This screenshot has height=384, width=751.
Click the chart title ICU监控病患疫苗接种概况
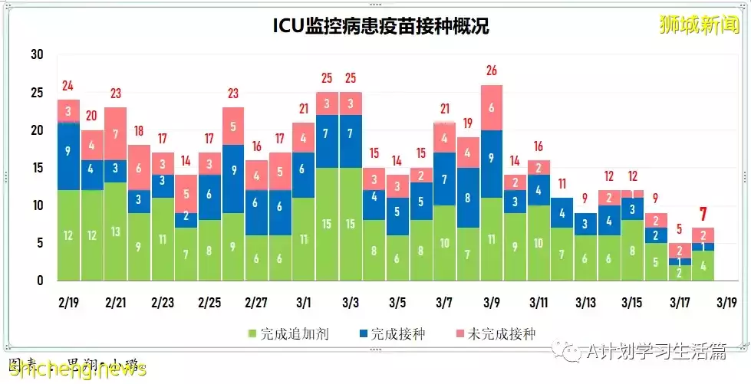pos(380,26)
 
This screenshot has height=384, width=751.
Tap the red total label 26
pos(492,71)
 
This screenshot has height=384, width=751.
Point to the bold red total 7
pos(703,214)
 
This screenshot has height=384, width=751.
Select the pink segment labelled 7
pos(116,134)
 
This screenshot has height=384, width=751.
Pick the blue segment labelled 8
pos(468,198)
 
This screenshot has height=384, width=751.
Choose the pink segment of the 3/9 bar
pos(492,108)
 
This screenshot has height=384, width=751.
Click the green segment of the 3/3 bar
pos(351,224)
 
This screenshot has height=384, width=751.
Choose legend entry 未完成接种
pos(496,333)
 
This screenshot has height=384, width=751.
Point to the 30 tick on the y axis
pos(37,55)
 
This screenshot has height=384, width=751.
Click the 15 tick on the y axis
pos(37,168)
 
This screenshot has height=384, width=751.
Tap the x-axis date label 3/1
pos(302,302)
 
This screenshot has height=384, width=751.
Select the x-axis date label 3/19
pos(726,302)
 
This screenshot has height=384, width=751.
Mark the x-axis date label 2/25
pos(209,302)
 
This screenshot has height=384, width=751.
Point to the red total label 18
pos(139,131)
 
